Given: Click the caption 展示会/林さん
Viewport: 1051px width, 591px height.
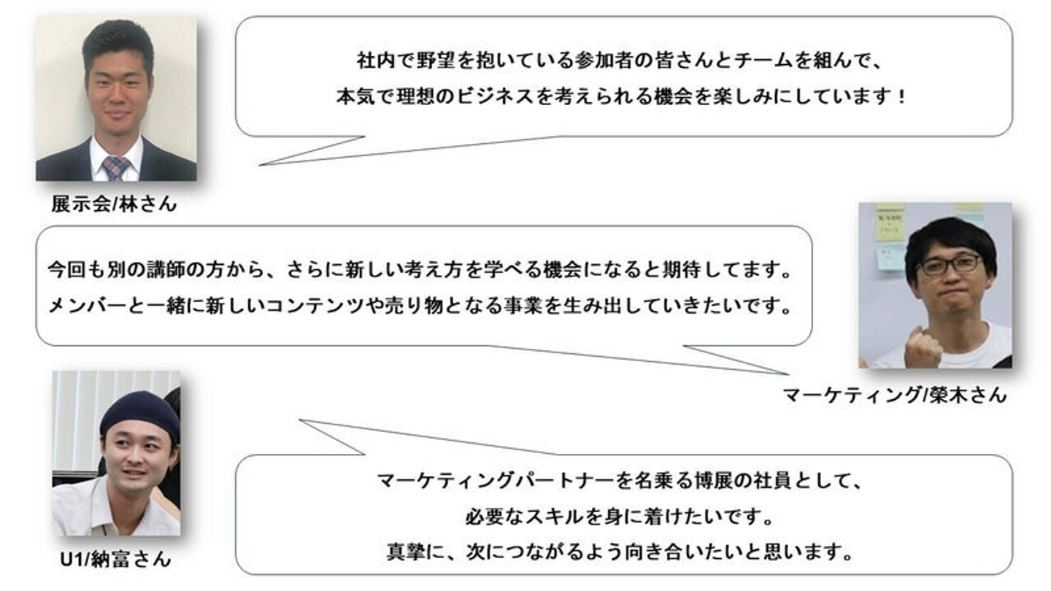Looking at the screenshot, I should point(114,204).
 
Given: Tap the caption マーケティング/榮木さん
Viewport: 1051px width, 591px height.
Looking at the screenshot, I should point(894,395).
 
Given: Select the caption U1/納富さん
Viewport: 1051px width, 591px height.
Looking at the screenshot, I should point(115,560).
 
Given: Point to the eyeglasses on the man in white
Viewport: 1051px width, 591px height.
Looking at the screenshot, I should point(949,263).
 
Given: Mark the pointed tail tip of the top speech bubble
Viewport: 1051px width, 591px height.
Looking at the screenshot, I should point(261,165).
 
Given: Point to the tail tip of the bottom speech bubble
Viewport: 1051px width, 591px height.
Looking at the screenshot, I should point(300,420).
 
